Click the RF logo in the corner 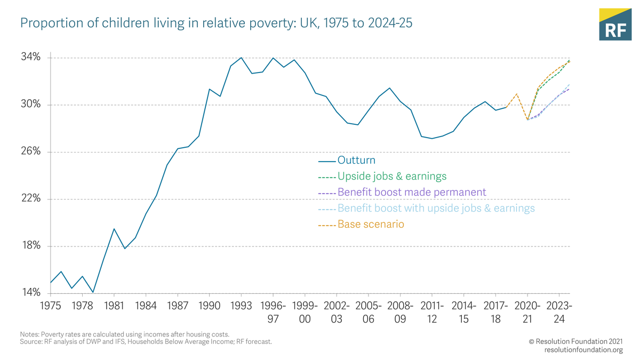(x=615, y=25)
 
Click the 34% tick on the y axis (x=30, y=58)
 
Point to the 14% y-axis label (x=30, y=293)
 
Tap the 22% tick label (x=30, y=198)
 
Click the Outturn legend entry (x=356, y=161)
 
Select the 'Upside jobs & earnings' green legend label (x=392, y=177)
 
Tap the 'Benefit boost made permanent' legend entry (x=411, y=193)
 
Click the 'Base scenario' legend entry (x=371, y=225)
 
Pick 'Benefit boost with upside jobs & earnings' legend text (x=436, y=209)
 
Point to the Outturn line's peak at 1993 (x=241, y=58)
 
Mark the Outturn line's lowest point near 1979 (x=93, y=292)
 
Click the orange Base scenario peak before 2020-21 (x=516, y=94)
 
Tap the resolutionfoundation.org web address (x=583, y=350)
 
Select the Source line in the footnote (x=146, y=341)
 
